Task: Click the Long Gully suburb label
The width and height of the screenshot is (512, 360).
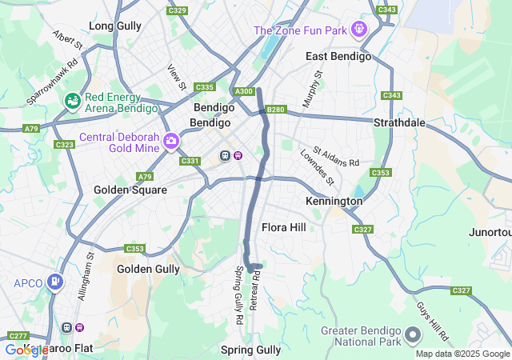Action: click(x=115, y=26)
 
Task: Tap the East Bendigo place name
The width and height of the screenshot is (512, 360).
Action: click(x=338, y=57)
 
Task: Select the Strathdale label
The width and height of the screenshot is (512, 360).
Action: click(x=402, y=123)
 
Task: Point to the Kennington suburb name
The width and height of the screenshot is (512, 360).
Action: click(x=334, y=202)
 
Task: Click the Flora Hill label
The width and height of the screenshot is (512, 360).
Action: click(x=284, y=227)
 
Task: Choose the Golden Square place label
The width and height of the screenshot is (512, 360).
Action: click(x=130, y=190)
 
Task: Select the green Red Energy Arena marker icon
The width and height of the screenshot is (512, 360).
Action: click(x=73, y=101)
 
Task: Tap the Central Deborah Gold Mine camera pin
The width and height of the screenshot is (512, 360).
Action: click(x=170, y=142)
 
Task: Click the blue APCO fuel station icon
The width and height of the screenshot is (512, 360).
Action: click(x=54, y=282)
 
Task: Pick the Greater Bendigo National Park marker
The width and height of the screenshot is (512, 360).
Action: click(x=412, y=333)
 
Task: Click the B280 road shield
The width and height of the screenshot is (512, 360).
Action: click(x=275, y=110)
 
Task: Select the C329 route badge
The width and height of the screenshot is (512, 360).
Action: click(x=177, y=10)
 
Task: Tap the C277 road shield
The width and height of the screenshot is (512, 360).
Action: click(x=18, y=335)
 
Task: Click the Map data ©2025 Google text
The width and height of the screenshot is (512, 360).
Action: click(x=462, y=354)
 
